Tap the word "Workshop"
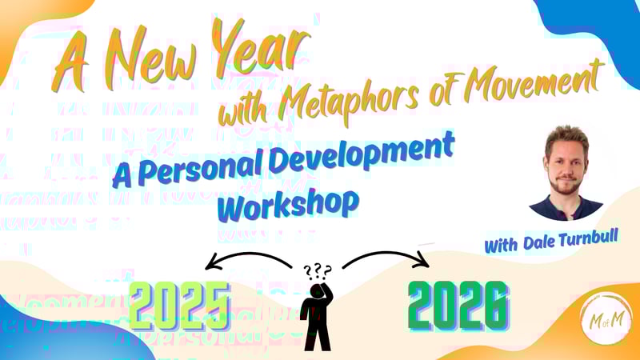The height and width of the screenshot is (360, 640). (288, 205)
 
